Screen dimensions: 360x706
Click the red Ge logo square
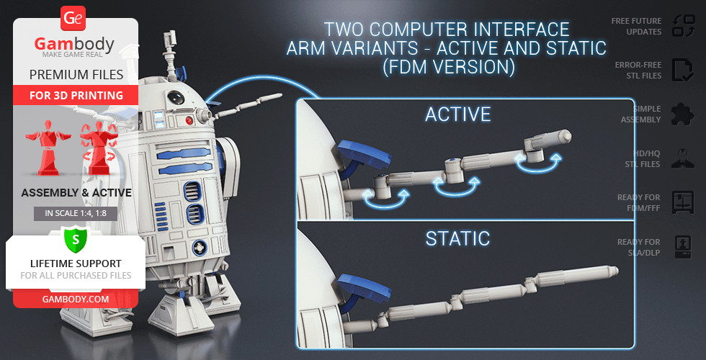[x=74, y=17]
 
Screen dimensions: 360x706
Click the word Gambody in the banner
[x=75, y=45]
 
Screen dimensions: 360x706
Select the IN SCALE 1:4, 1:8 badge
[x=75, y=213]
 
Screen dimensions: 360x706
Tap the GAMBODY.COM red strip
[x=75, y=298]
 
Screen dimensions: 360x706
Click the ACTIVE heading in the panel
[x=457, y=114]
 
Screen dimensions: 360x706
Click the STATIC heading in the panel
[x=457, y=238]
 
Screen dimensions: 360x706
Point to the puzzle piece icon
[x=681, y=114]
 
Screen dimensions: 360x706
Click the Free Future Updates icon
[x=681, y=26]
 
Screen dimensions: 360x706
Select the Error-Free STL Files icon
[x=681, y=70]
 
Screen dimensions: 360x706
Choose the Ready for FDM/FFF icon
[x=681, y=202]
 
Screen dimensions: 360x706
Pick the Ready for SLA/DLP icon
[x=681, y=247]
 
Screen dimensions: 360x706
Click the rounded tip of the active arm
[x=566, y=134]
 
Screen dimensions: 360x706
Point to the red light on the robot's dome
[x=189, y=120]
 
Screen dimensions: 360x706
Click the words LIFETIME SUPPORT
[x=75, y=264]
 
